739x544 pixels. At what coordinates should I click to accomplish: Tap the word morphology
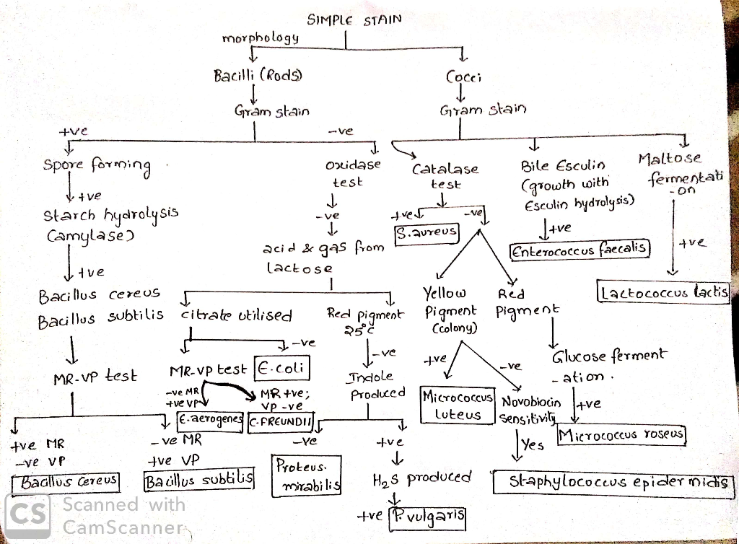click(261, 38)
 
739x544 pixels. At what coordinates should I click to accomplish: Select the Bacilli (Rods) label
click(258, 75)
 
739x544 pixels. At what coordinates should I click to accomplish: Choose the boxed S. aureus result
click(417, 233)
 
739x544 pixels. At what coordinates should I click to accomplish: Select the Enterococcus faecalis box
click(581, 250)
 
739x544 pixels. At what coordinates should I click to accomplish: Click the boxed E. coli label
click(282, 368)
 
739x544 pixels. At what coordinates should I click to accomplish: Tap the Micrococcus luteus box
click(458, 405)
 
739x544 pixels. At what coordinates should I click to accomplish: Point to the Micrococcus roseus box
click(621, 435)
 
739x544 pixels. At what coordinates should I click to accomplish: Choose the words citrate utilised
click(237, 315)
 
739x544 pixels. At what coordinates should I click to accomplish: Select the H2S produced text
click(421, 478)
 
